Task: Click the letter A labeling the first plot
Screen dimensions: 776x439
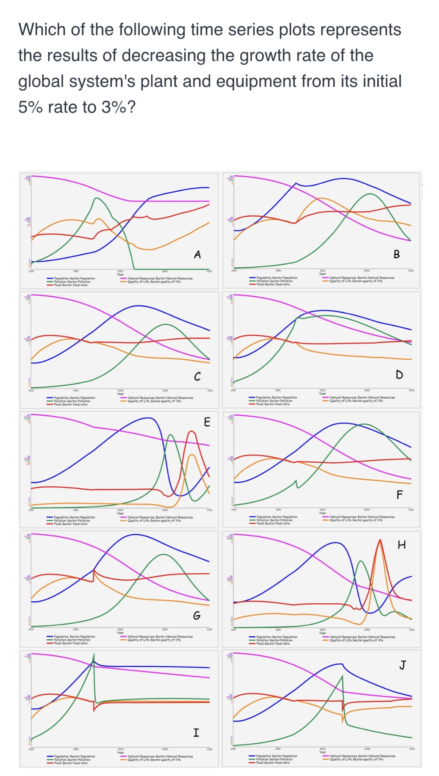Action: click(x=197, y=254)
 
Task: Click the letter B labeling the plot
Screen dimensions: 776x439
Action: click(x=397, y=254)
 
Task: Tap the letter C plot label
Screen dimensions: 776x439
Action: click(x=197, y=376)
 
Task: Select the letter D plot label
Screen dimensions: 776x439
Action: click(x=399, y=374)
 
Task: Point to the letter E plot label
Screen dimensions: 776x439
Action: click(x=207, y=422)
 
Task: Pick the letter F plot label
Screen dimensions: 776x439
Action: click(x=399, y=494)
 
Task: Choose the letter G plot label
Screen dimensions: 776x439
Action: click(x=197, y=615)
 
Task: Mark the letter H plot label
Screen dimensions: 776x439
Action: click(x=402, y=545)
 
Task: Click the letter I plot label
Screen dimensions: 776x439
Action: click(x=196, y=732)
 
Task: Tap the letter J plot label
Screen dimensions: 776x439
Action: click(x=402, y=665)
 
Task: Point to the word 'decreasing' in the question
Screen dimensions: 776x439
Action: click(x=164, y=55)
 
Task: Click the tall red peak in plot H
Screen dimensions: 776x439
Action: click(x=380, y=540)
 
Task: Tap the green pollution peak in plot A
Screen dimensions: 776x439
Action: click(x=97, y=198)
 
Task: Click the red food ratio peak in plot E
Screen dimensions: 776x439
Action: click(x=192, y=431)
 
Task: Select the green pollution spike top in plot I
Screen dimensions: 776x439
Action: click(x=94, y=655)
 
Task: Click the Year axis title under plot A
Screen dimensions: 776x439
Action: click(x=120, y=274)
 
